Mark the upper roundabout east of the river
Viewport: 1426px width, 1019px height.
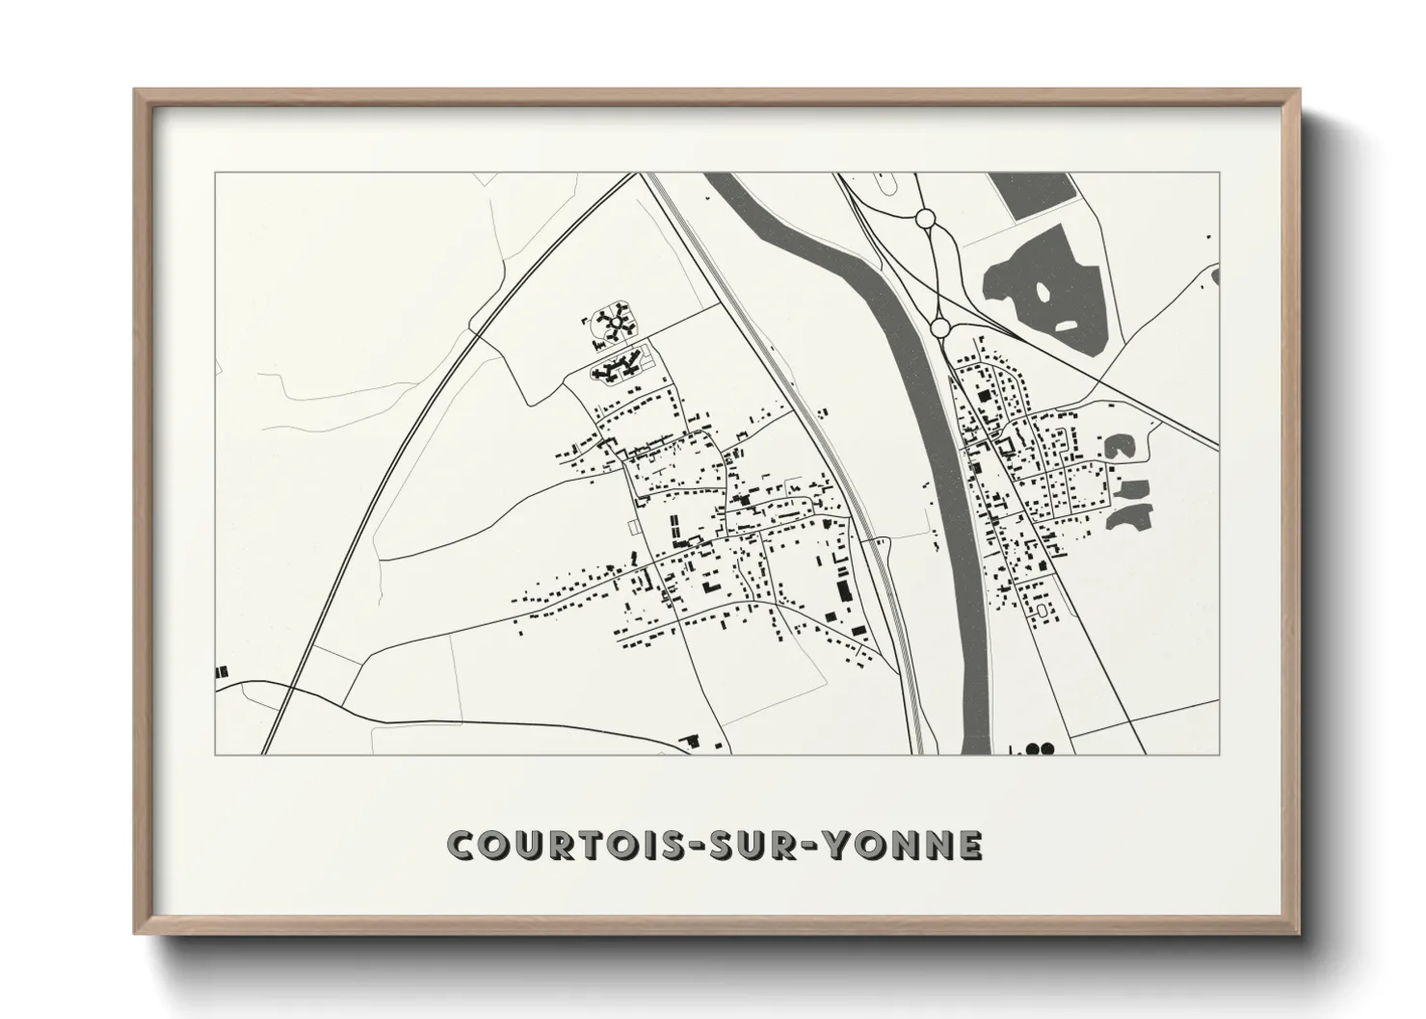click(x=926, y=219)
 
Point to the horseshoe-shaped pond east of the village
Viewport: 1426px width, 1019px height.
click(x=1118, y=447)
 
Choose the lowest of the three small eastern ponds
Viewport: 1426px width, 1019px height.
click(x=1129, y=515)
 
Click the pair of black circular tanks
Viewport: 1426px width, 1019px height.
click(x=1038, y=748)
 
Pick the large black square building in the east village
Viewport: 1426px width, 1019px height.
click(x=983, y=395)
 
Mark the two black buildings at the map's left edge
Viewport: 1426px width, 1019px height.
click(x=223, y=670)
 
